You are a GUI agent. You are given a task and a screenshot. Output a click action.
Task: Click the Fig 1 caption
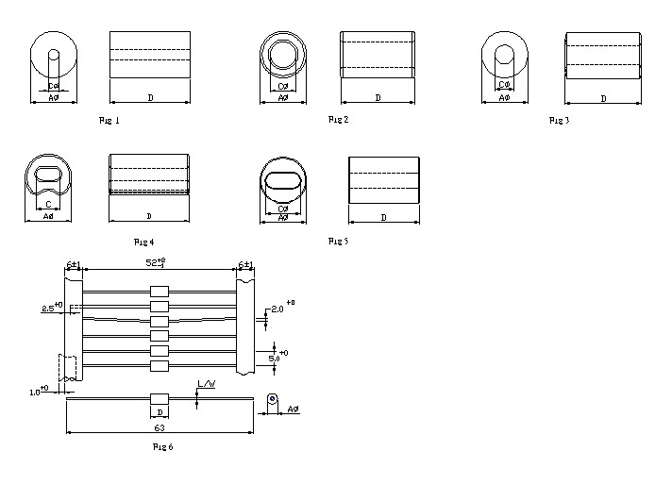pos(109,121)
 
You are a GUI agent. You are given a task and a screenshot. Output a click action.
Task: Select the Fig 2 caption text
pos(339,120)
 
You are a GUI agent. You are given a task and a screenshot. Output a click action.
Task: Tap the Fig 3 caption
pos(560,121)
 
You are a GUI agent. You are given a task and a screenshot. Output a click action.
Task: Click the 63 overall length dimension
pos(160,428)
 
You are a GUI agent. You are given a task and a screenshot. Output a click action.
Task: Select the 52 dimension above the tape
pos(155,264)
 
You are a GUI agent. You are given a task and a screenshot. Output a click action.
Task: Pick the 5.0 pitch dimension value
pos(275,359)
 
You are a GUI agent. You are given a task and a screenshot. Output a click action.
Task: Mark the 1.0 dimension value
pos(35,391)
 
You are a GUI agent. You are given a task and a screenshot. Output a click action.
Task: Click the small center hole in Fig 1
pos(53,57)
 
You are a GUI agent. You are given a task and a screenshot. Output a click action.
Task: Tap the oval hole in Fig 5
pos(284,181)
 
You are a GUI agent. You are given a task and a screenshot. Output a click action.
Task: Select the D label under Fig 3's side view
pos(603,98)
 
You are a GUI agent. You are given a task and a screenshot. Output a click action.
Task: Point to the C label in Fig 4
pos(48,203)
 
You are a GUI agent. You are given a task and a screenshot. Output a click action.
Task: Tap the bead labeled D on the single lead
pos(160,400)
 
